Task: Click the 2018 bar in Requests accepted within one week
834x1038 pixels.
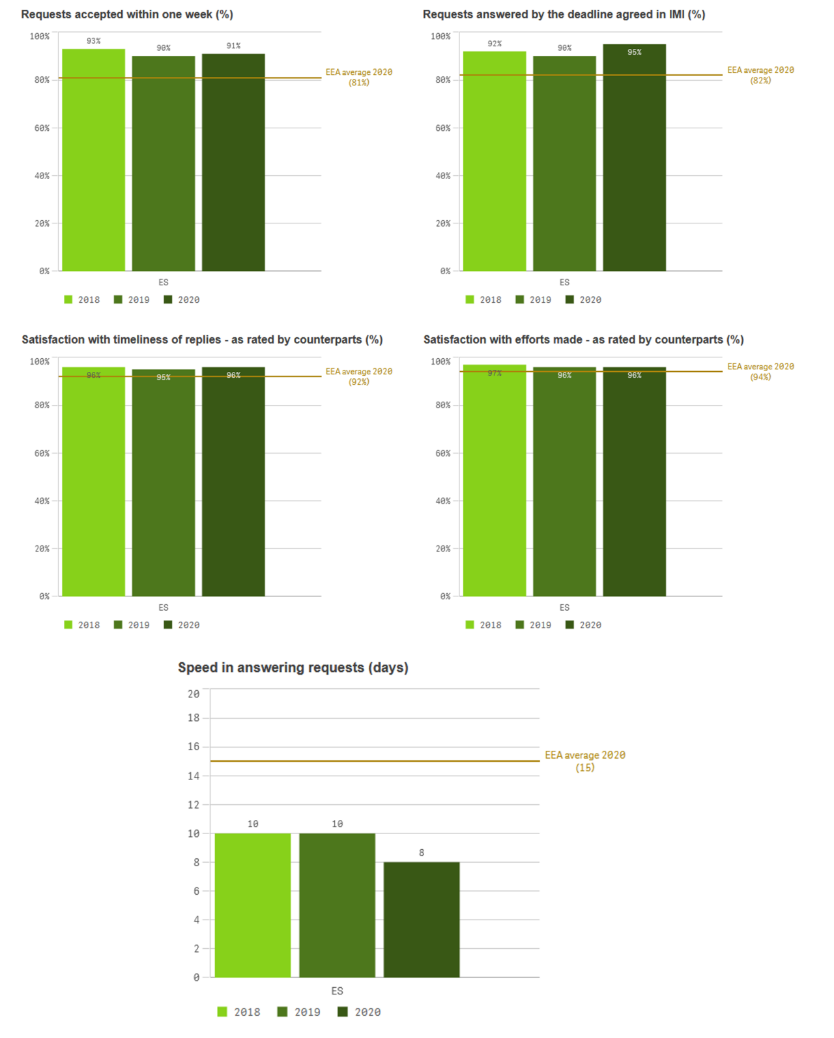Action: point(93,160)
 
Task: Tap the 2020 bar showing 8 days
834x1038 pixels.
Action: point(422,919)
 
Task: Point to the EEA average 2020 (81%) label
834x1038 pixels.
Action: point(359,77)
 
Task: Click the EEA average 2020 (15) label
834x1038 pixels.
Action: point(585,761)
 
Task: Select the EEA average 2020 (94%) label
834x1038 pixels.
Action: point(760,372)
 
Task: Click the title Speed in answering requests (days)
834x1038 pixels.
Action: point(293,667)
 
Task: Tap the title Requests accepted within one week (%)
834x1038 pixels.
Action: point(127,14)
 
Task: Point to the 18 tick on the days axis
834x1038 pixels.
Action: point(194,718)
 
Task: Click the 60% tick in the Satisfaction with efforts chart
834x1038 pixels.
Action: point(443,453)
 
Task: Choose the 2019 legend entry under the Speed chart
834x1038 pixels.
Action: point(300,1012)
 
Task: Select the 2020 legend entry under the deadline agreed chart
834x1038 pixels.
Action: point(583,300)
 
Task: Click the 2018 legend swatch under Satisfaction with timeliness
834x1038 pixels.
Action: point(68,624)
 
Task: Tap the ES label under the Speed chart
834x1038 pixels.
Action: point(337,990)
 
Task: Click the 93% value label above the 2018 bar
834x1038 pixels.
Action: point(94,41)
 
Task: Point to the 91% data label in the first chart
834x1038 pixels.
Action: point(233,46)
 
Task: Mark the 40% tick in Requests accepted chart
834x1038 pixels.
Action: point(42,176)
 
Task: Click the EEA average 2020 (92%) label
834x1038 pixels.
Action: point(359,376)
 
